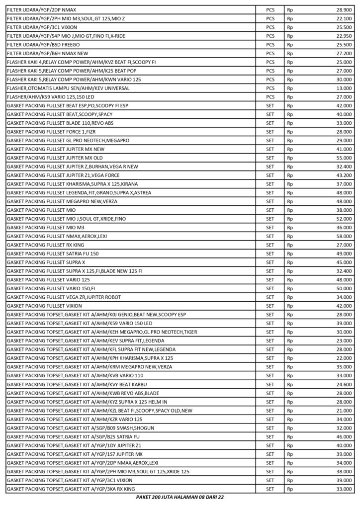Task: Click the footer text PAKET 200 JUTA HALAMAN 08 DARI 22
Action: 180,498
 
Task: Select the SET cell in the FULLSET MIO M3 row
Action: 270,227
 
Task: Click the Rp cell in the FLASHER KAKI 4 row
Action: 290,62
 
